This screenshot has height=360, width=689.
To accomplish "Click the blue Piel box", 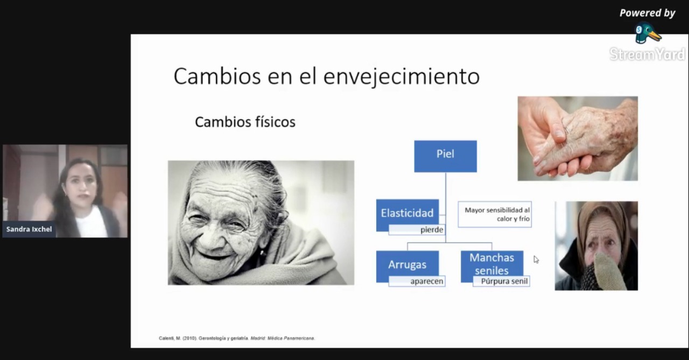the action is pyautogui.click(x=445, y=156).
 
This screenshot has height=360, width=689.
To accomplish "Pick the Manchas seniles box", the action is pyautogui.click(x=492, y=264).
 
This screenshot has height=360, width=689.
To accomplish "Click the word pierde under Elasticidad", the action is pyautogui.click(x=432, y=230).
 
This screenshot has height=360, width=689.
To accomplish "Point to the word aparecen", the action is pyautogui.click(x=427, y=281).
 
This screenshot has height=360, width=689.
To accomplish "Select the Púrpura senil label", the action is pyautogui.click(x=504, y=281).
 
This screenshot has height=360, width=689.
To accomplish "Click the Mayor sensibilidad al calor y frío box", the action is pyautogui.click(x=495, y=214).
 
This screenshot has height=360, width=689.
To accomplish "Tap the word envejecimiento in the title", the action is pyautogui.click(x=402, y=76).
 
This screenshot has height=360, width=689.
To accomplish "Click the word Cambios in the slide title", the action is pyautogui.click(x=217, y=76).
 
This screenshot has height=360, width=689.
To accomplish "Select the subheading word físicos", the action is pyautogui.click(x=275, y=122).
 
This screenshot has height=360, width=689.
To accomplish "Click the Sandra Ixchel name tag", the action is pyautogui.click(x=29, y=229).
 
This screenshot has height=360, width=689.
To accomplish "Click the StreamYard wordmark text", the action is pyautogui.click(x=647, y=54).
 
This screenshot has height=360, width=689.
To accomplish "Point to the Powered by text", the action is pyautogui.click(x=647, y=13).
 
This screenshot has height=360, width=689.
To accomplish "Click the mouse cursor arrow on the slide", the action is pyautogui.click(x=536, y=259).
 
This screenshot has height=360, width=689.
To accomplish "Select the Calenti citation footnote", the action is pyautogui.click(x=237, y=338).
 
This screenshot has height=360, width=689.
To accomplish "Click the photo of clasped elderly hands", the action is pyautogui.click(x=578, y=138).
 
